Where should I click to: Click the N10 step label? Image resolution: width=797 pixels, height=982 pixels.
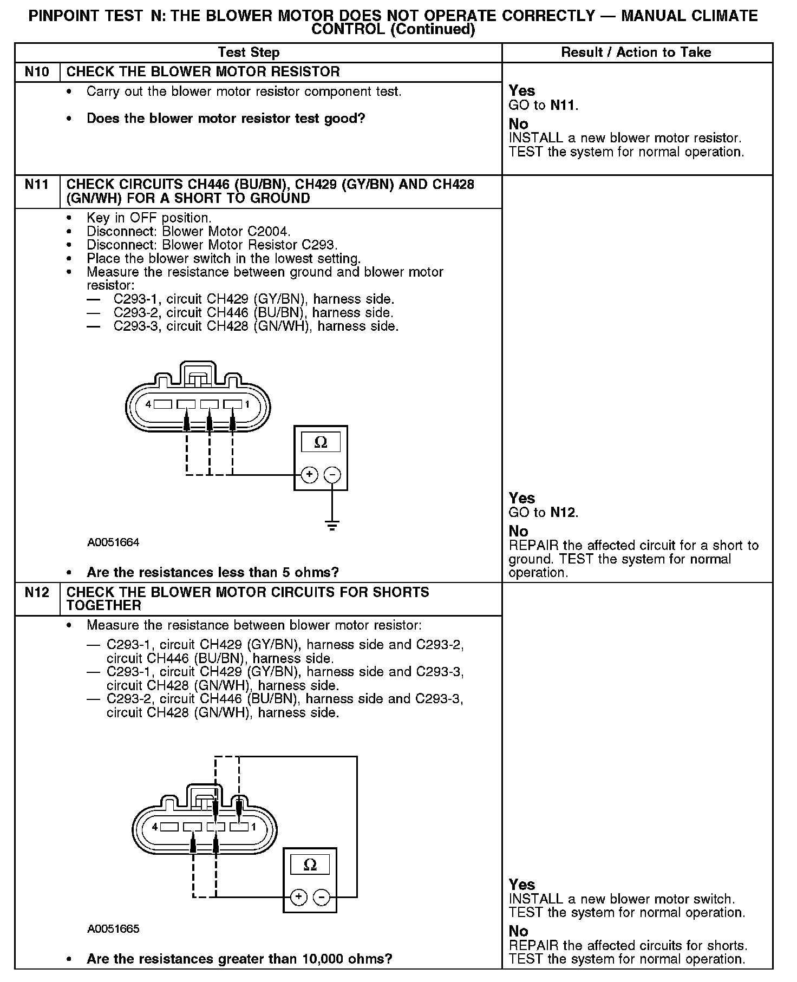36,71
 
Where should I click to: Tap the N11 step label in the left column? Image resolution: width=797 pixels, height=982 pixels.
36,185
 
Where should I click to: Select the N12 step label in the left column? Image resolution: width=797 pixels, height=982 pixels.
36,592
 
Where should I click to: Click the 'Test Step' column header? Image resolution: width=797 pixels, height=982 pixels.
249,53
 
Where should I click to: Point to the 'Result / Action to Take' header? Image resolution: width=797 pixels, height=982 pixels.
636,53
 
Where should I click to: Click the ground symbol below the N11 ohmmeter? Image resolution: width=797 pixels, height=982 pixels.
332,525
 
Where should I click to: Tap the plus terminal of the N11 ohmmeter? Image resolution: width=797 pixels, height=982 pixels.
309,475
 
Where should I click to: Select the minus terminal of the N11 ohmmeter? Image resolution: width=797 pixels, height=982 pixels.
332,475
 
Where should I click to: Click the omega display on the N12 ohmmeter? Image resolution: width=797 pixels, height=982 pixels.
310,865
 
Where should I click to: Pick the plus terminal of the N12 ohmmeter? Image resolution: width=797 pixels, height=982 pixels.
299,897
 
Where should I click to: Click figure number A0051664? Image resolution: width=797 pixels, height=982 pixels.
113,542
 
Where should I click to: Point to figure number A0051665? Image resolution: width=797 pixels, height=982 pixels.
113,929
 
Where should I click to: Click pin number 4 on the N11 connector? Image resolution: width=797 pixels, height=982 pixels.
148,404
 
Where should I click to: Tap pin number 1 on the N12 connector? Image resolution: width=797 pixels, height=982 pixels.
253,827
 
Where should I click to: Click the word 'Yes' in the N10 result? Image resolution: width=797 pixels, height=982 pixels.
522,90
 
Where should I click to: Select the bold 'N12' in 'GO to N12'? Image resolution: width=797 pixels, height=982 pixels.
563,512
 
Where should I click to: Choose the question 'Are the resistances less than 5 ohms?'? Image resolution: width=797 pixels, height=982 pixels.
212,572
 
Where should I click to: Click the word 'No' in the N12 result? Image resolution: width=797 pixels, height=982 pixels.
518,931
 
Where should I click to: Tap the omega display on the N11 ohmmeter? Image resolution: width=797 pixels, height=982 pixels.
321,442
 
